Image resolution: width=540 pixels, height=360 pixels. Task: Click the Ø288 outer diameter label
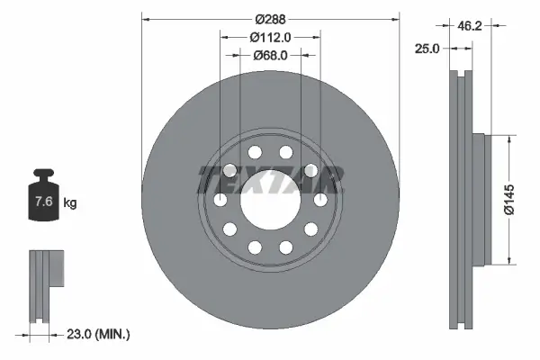(269, 18)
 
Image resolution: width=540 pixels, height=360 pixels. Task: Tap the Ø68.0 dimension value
(269, 56)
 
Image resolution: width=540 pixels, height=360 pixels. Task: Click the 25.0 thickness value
(427, 49)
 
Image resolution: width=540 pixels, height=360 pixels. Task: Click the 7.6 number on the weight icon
(41, 202)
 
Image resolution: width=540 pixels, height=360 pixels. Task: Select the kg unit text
(70, 202)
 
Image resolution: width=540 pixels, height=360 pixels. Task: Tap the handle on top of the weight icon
(41, 175)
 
